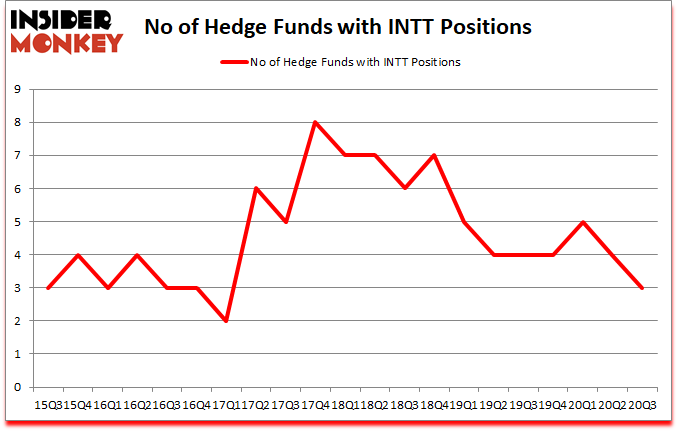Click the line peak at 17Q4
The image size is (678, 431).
(x=315, y=123)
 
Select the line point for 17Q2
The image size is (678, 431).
(x=257, y=189)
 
